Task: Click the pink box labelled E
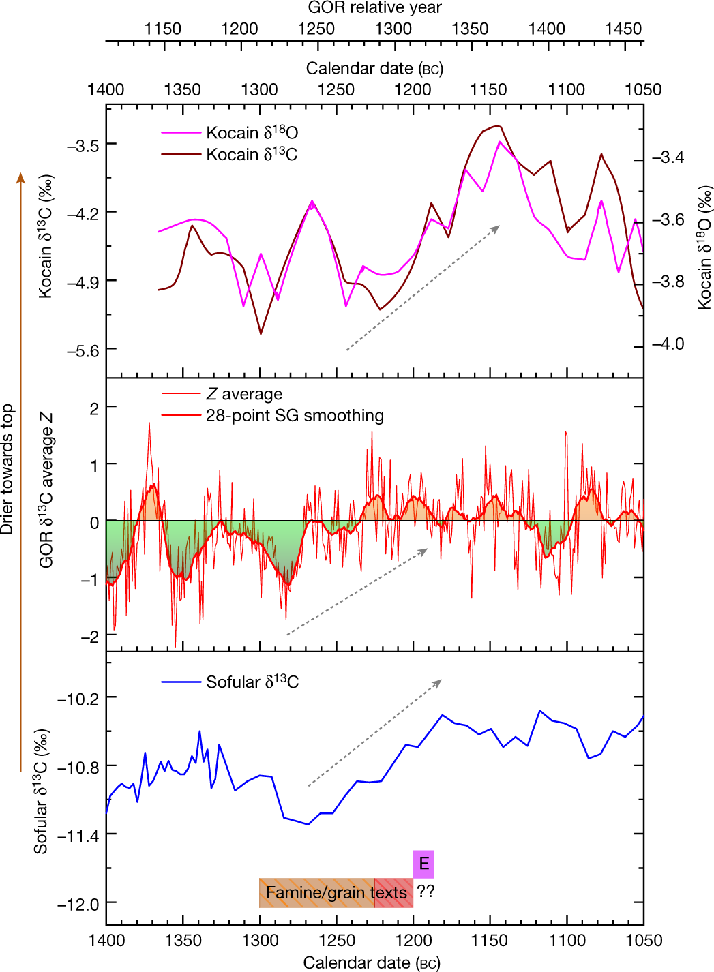(x=423, y=864)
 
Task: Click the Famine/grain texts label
(x=336, y=892)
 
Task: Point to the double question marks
(x=426, y=892)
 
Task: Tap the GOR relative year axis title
(x=374, y=8)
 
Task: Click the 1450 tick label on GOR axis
(x=623, y=29)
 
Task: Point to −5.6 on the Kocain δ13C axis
(x=83, y=350)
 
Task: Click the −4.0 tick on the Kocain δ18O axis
(x=668, y=344)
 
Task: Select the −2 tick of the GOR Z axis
(x=89, y=636)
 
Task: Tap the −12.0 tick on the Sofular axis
(x=78, y=905)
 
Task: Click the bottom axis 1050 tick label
(x=643, y=941)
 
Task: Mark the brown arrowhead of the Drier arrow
(x=20, y=178)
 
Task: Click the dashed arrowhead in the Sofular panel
(x=439, y=681)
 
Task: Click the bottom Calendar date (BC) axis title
(x=372, y=962)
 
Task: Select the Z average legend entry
(x=243, y=394)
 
